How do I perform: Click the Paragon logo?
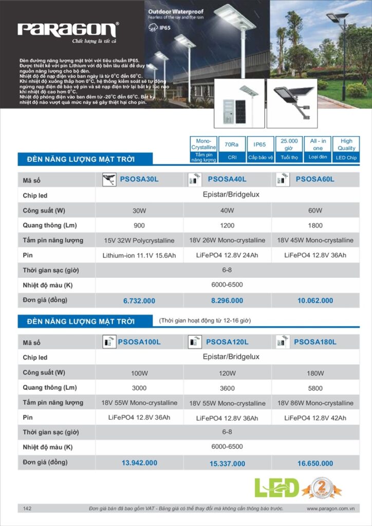(68, 29)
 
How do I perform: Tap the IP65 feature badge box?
(259, 149)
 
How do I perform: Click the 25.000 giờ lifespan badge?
(289, 149)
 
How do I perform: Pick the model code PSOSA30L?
(139, 179)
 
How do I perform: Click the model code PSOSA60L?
(315, 179)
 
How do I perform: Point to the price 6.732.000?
(139, 301)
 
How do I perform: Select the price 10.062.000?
(315, 300)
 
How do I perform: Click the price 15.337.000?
(227, 464)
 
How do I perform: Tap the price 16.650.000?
(315, 463)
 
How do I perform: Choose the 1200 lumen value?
(227, 226)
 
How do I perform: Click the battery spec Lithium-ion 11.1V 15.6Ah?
(139, 255)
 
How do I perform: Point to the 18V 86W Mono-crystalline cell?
(315, 403)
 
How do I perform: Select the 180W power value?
(315, 373)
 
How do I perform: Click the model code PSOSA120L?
(227, 342)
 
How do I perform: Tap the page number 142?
(27, 509)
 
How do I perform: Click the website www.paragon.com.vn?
(331, 509)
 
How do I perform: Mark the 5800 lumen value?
(315, 388)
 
